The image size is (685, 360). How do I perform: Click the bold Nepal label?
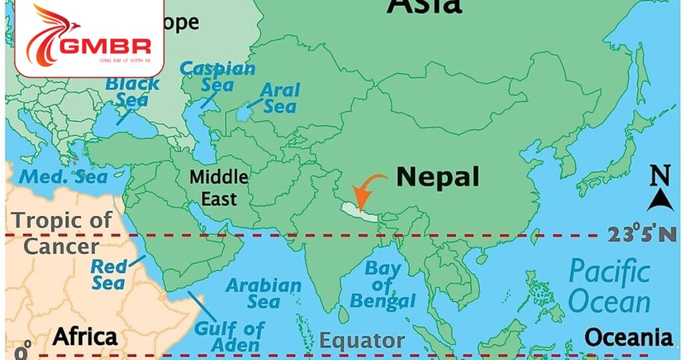[437, 177]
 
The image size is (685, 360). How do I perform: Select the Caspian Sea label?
[217, 76]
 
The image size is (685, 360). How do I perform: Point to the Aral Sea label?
[280, 98]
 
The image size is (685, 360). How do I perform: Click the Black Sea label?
[132, 92]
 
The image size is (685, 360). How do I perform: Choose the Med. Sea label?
[64, 177]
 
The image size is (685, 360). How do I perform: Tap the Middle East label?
[218, 188]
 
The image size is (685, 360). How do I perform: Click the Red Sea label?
[108, 274]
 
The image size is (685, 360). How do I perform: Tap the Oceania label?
[629, 337]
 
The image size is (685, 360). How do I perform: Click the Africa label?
[85, 336]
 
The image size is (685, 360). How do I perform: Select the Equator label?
[361, 341]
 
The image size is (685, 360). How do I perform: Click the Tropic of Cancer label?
[62, 233]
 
